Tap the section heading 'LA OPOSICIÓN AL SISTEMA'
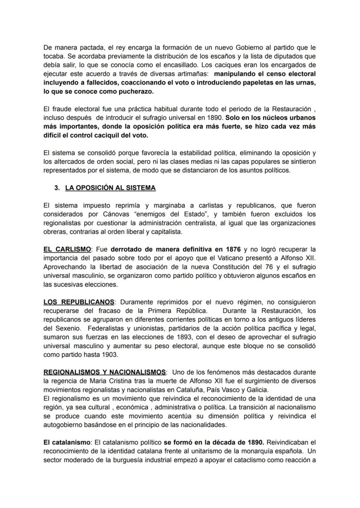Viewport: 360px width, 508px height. pyautogui.click(x=110, y=188)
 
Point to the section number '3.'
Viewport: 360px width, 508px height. pyautogui.click(x=57, y=188)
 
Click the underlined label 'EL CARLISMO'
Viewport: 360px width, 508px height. pyautogui.click(x=67, y=249)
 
